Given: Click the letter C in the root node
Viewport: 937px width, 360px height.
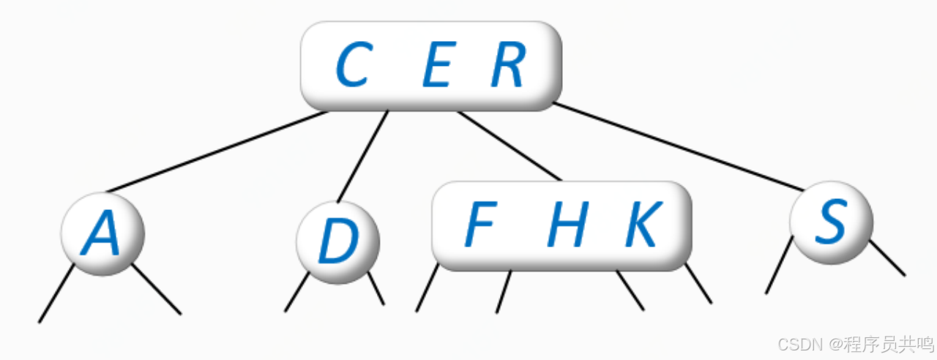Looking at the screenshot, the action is [x=351, y=66].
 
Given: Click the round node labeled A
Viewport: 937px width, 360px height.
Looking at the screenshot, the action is [x=102, y=234].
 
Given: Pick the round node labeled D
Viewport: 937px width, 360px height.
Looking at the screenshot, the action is [x=338, y=242].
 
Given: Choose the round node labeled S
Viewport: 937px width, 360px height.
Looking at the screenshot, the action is [x=832, y=222].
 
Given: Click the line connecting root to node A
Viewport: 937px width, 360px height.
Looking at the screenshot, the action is [x=216, y=151].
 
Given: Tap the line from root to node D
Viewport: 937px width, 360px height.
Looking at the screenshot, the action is [x=362, y=157].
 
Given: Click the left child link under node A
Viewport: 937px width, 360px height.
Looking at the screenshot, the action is [x=56, y=294].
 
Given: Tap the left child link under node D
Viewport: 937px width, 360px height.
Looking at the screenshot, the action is [x=297, y=292].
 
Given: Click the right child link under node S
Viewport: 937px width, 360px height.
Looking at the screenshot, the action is [x=887, y=258].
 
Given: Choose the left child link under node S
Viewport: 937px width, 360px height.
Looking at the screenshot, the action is [x=779, y=265].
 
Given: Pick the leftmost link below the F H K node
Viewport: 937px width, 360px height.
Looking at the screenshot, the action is [x=427, y=288].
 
